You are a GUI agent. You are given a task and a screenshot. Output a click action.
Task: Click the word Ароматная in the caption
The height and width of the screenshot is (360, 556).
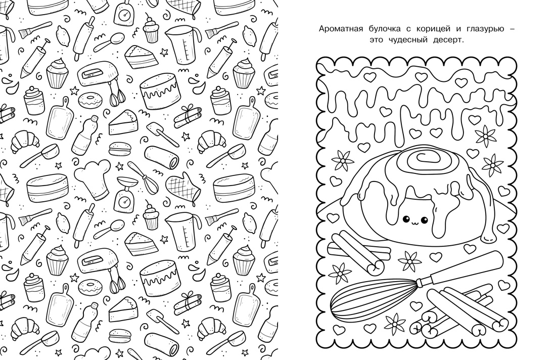point(341,29)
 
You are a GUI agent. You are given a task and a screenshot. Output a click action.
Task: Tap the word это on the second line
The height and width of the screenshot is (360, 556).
point(377,40)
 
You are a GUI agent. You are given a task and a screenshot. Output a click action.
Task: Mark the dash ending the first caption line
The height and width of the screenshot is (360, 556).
point(511,29)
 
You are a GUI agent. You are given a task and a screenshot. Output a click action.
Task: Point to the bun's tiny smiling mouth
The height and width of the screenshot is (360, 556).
point(414,223)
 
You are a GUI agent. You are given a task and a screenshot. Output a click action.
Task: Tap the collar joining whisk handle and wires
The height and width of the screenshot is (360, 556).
point(422,283)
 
